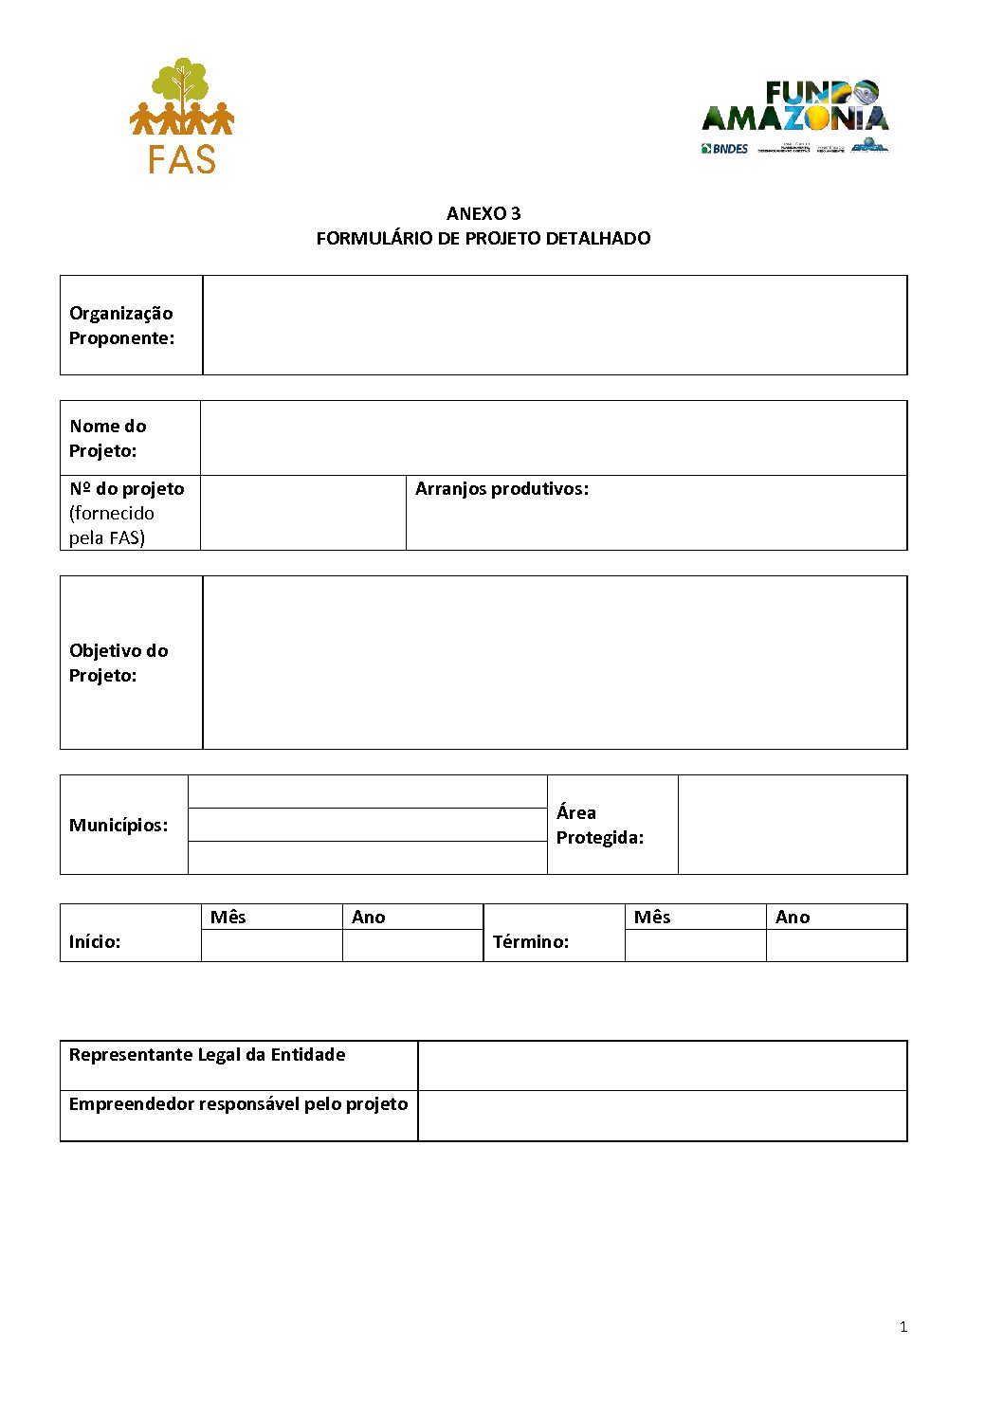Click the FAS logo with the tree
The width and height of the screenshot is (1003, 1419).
[181, 116]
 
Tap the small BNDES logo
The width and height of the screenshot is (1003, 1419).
[725, 149]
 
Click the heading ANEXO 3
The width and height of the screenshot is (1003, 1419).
[483, 213]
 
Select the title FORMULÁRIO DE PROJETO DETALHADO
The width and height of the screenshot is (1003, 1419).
[483, 238]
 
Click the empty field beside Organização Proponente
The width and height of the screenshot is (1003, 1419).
[555, 325]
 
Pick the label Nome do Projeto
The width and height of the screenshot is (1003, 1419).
[107, 438]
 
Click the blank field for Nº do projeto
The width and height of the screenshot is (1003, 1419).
[303, 513]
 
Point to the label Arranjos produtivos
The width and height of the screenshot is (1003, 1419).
[501, 489]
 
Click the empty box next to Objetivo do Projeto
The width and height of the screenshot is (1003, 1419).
[555, 663]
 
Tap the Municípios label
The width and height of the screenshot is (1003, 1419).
[119, 825]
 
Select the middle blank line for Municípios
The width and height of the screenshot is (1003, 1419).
[368, 825]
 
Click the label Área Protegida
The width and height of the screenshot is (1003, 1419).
[599, 825]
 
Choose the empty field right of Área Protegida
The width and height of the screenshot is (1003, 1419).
[793, 825]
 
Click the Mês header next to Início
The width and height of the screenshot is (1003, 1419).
[228, 917]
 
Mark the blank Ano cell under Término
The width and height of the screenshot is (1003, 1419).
[836, 946]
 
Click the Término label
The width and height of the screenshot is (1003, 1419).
[531, 941]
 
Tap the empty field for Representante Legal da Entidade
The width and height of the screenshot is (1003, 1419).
[662, 1065]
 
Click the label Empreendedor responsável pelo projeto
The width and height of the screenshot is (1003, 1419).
[238, 1104]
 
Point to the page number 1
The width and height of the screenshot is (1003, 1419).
[903, 1327]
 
